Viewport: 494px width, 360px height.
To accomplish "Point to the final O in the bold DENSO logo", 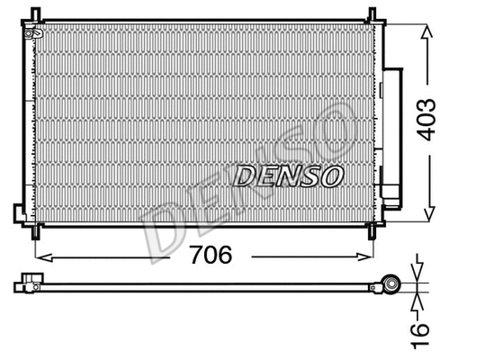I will pyautogui.click(x=330, y=174).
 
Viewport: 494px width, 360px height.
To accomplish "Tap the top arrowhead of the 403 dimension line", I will pyautogui.click(x=427, y=23).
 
